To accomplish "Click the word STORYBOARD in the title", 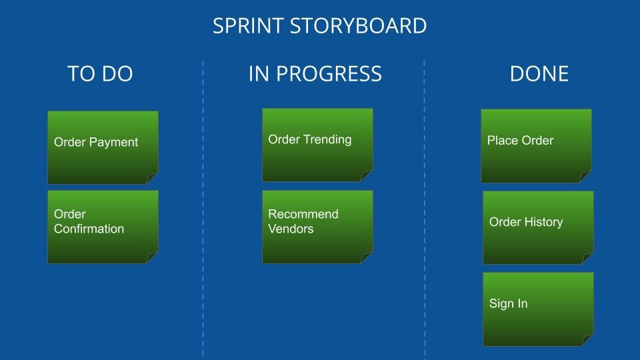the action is coord(359,26).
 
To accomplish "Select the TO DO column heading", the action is coord(100,74).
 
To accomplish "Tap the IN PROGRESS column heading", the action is coord(315,74).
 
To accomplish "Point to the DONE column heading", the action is coord(539,74).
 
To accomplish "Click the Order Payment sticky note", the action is coord(103,147).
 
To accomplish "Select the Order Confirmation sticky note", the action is coord(103,227).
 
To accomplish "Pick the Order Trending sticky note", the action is coord(317,145).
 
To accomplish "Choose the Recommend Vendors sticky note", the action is coord(317,227).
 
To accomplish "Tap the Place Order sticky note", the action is coord(536,146).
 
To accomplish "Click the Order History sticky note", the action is coord(538,228).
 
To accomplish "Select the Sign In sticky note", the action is coord(538,309).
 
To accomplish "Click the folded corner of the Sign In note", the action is coord(587,340).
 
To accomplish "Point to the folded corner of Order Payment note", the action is coord(152,178).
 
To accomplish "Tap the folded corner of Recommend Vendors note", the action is coord(367,257).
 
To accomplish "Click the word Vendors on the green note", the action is coord(291,229).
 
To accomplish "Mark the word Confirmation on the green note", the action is coord(89,229).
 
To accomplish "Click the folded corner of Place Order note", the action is coord(585,177).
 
